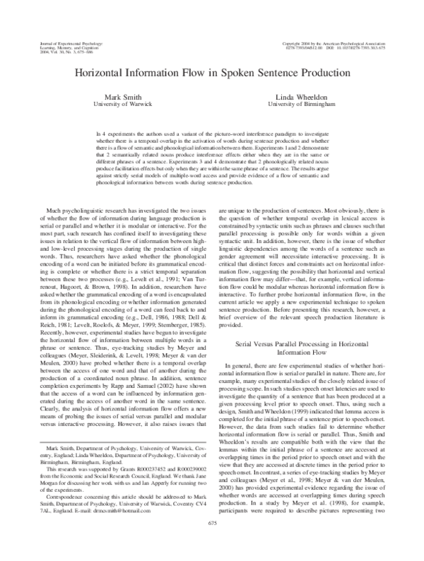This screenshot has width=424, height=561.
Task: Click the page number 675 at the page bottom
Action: click(212, 542)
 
